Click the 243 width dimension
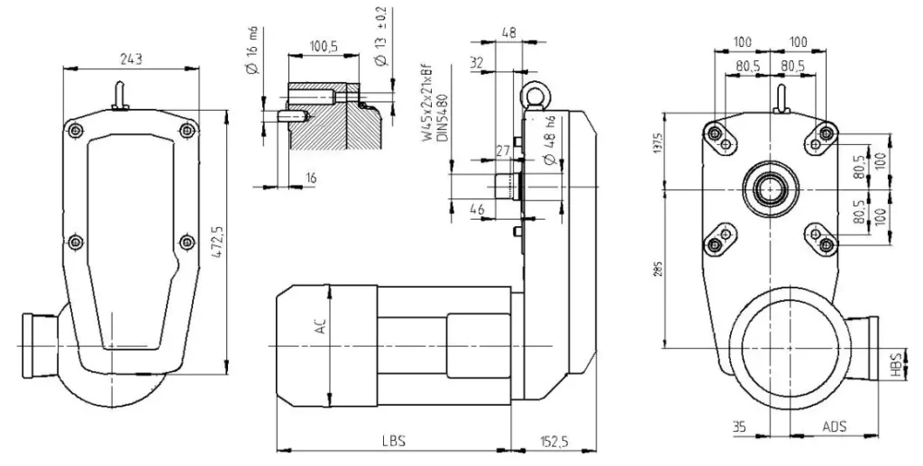(x=131, y=59)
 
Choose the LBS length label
(x=394, y=442)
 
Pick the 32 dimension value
(x=477, y=63)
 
